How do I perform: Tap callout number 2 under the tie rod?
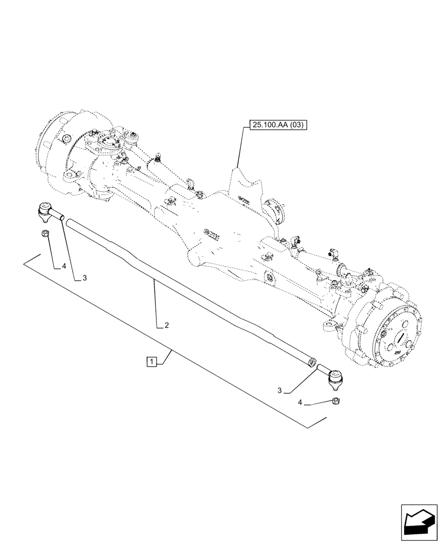pos(167,326)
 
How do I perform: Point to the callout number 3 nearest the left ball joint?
pos(85,278)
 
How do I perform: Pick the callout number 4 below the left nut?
pos(64,266)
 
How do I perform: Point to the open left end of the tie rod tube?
pos(64,219)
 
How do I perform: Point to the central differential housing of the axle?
pos(217,228)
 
